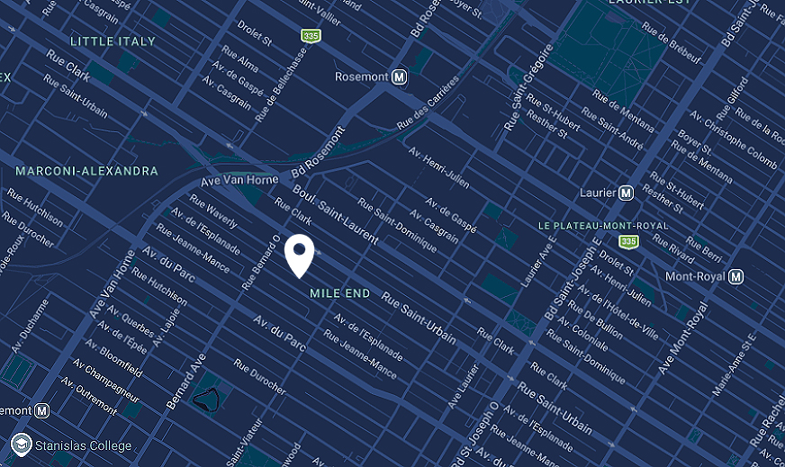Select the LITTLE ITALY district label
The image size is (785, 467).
coord(113,41)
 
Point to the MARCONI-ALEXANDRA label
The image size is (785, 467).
coord(86,171)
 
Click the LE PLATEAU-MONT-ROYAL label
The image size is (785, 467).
coord(603,225)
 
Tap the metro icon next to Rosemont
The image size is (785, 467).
coord(400,77)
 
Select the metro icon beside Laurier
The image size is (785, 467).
coord(627,193)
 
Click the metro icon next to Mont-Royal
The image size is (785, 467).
coord(736,276)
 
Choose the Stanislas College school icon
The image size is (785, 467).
coord(22,445)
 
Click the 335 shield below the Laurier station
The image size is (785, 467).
coord(628,241)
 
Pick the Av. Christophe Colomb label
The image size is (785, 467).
coord(732,139)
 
